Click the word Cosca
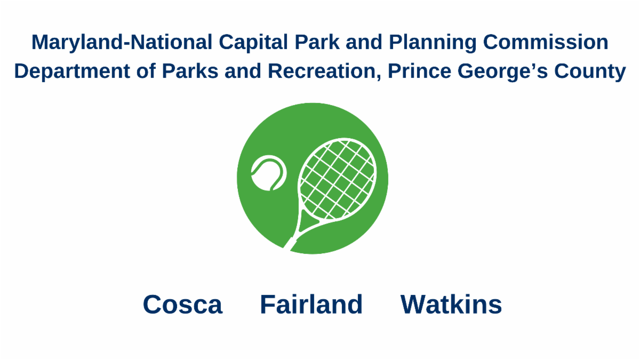point(182,305)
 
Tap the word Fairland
point(311,305)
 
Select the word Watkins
point(451,305)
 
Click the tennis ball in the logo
point(269,173)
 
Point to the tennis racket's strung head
point(337,179)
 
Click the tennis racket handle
point(290,243)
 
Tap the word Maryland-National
point(122,43)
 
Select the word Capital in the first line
point(253,43)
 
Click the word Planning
point(433,43)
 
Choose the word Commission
point(546,42)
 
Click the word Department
point(72,71)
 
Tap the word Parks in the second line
point(190,71)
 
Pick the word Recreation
point(322,71)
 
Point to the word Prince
point(419,71)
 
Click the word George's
point(502,71)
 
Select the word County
point(590,71)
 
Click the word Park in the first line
point(317,42)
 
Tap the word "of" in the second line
point(146,71)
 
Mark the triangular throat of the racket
point(308,221)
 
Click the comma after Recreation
point(379,77)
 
